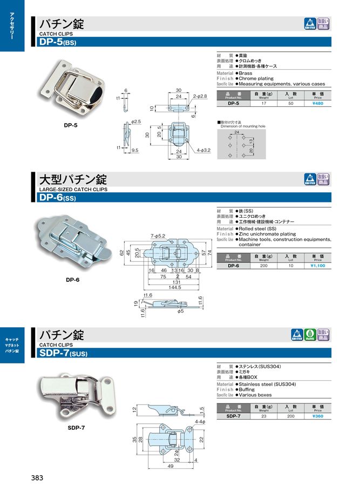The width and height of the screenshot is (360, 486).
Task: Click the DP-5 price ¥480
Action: pyautogui.click(x=317, y=103)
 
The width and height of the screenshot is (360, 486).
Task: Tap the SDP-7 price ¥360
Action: pyautogui.click(x=317, y=416)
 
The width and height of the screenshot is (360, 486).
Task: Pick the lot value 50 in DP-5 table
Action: pyautogui.click(x=290, y=103)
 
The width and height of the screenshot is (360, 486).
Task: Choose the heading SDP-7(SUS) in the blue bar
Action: pyautogui.click(x=63, y=354)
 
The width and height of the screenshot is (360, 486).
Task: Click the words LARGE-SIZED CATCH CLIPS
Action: pyautogui.click(x=73, y=190)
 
